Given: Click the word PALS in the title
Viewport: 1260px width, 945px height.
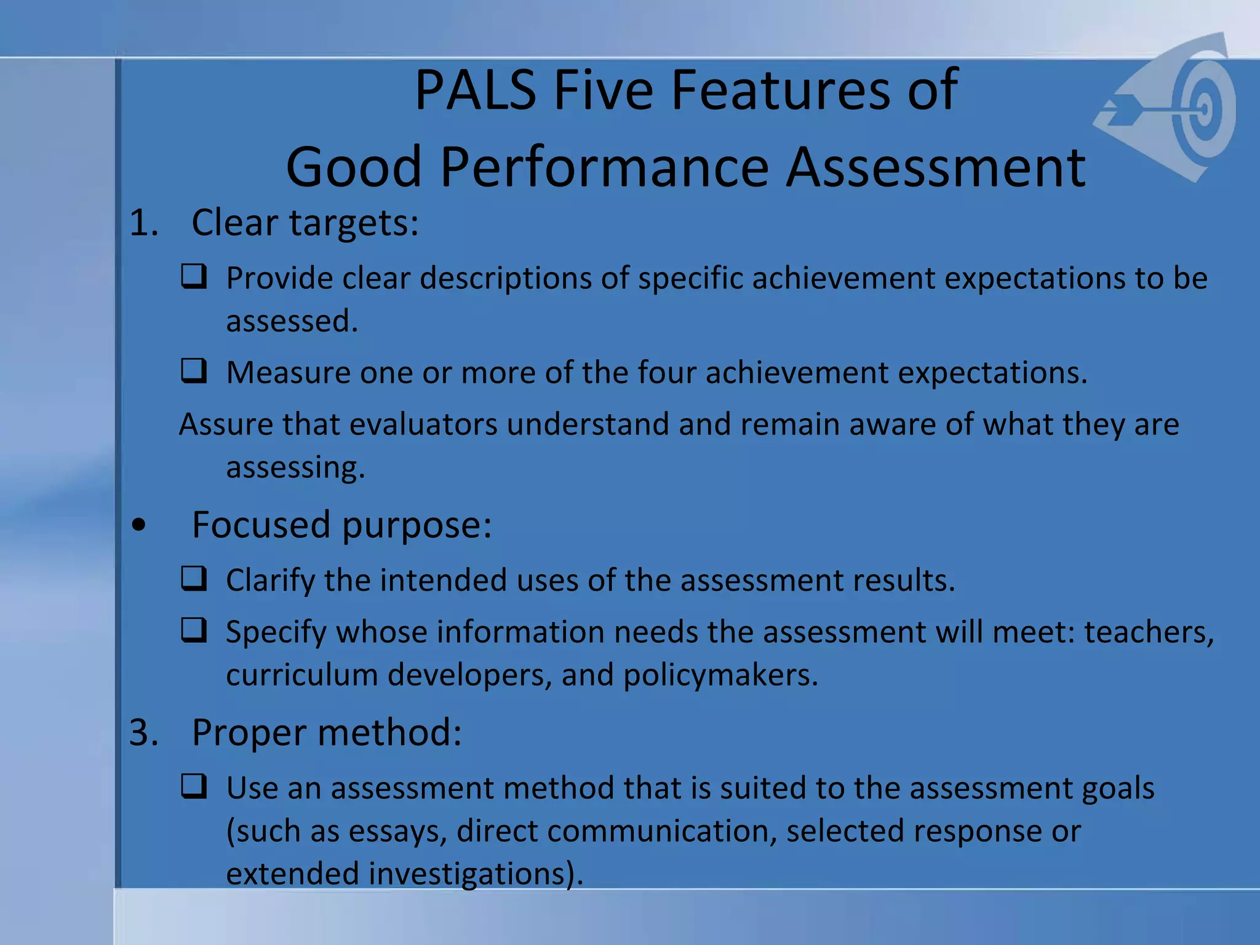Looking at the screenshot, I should point(475,91).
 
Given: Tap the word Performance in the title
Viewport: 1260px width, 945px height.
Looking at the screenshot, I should point(604,167).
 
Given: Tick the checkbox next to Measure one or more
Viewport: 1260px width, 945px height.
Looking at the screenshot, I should point(194,371).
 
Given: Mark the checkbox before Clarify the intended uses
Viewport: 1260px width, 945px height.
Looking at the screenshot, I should point(194,579).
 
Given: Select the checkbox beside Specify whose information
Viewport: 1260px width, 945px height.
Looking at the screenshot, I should point(194,631).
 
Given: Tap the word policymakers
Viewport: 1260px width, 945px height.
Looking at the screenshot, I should point(720,675).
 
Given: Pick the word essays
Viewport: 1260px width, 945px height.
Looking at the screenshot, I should point(397,832).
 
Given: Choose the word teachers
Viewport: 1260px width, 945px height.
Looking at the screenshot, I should point(1149,632).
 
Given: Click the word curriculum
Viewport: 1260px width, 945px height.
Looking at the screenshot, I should point(301,675).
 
